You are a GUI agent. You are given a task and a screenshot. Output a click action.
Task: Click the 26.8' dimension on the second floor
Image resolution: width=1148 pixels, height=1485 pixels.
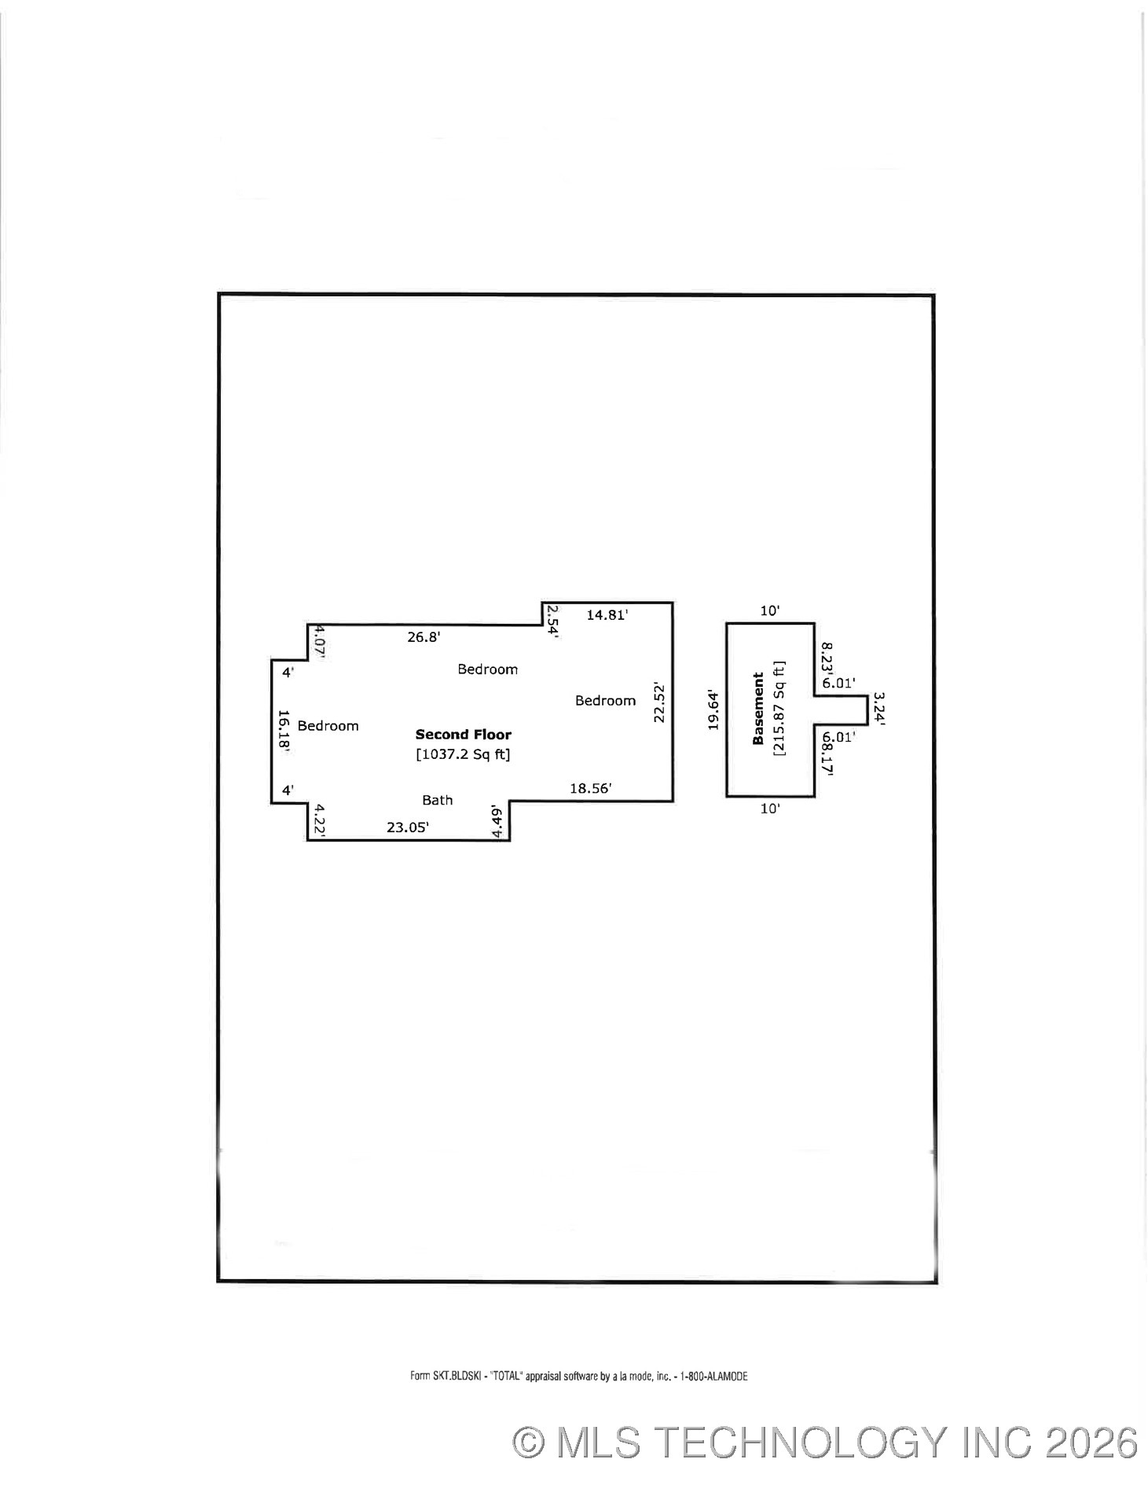coord(424,637)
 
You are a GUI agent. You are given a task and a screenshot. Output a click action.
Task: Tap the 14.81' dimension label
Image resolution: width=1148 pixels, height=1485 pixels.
coord(607,615)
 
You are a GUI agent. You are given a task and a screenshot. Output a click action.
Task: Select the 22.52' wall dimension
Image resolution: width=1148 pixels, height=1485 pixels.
coord(659,703)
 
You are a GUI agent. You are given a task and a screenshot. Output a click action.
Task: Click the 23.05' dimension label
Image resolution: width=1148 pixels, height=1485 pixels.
coord(408,827)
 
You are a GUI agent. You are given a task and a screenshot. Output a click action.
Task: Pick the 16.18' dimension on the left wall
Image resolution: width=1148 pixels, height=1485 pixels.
coord(284,732)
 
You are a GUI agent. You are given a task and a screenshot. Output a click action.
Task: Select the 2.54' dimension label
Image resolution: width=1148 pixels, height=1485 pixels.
coord(552,621)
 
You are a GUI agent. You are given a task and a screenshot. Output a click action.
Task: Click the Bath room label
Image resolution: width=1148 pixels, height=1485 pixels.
coord(438,801)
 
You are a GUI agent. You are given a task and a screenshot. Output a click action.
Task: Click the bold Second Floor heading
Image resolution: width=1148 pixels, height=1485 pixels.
coord(464,735)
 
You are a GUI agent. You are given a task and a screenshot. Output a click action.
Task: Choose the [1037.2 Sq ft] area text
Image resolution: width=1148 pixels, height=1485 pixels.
coord(463,755)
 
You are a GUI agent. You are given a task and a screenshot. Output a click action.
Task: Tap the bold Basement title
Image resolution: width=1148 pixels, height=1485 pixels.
coord(758,709)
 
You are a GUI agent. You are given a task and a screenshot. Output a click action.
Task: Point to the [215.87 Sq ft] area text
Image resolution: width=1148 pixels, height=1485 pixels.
coord(779,708)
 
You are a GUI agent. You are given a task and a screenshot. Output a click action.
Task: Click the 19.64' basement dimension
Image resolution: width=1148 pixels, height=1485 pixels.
coord(713,710)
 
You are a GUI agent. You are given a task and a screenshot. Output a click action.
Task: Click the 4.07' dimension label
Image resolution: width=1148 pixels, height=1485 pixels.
coord(319,641)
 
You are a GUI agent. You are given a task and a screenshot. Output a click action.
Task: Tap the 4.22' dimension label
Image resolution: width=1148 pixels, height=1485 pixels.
coord(319,819)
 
